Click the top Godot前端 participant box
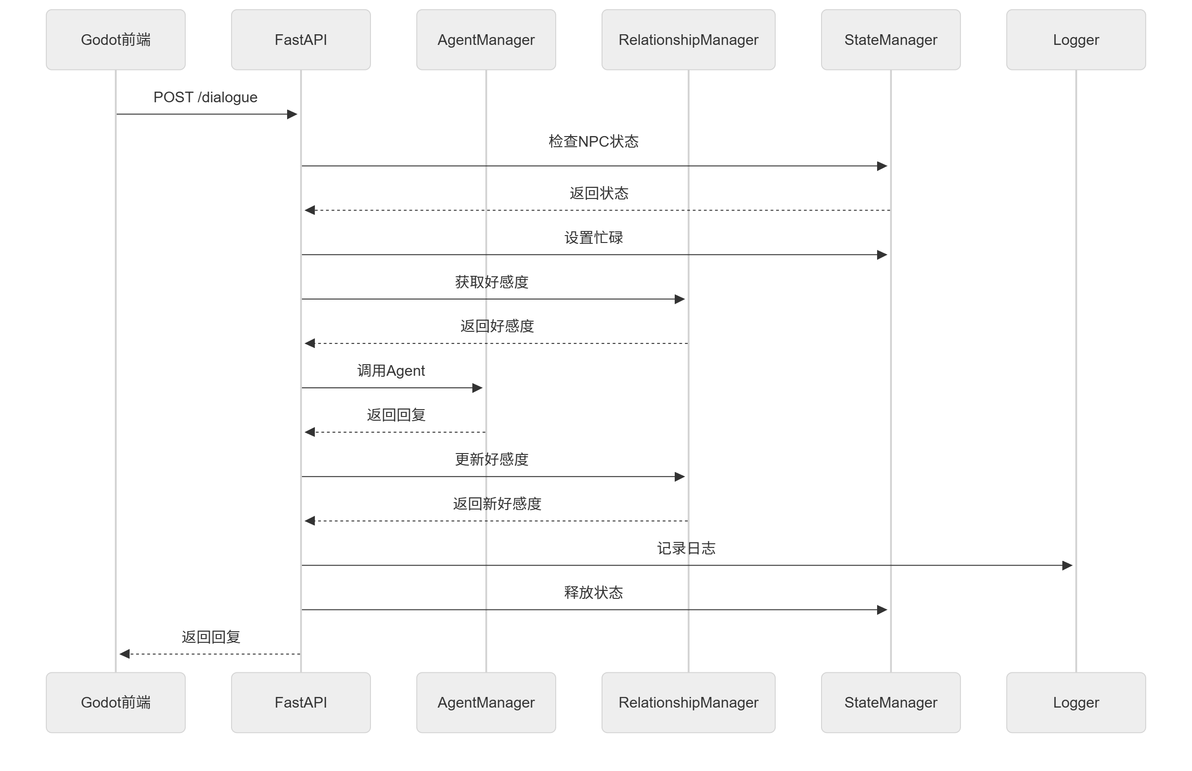116,39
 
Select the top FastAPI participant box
301,39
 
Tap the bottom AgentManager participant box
486,703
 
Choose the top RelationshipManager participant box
688,39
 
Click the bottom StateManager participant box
891,703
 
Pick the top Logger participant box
1076,39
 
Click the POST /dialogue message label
205,97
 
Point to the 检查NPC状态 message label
594,141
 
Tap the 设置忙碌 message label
594,237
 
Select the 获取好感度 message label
492,282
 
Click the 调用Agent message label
391,371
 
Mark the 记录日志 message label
686,548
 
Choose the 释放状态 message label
594,592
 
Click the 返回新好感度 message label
497,504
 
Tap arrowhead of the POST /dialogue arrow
293,114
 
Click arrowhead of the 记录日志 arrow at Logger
1067,565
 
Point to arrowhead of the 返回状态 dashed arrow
310,210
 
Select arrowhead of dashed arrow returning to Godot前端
125,654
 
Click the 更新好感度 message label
492,459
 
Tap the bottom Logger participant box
1076,703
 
